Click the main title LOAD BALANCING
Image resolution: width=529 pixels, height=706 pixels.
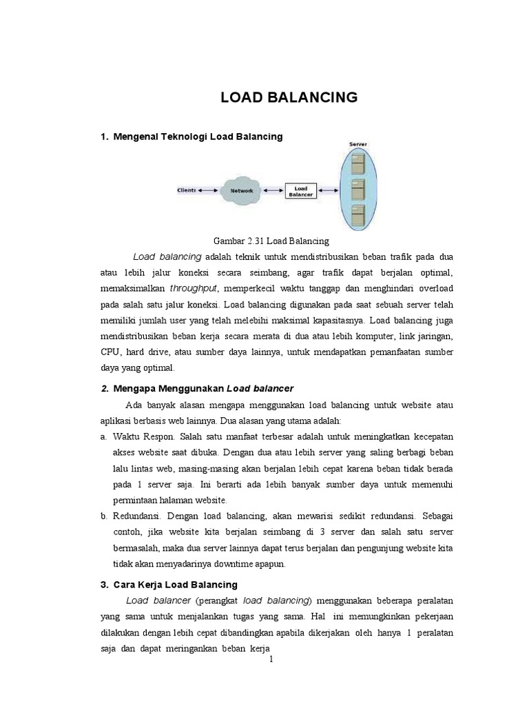289,98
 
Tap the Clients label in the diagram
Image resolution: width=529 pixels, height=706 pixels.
186,190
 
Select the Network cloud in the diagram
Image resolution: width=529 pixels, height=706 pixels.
241,190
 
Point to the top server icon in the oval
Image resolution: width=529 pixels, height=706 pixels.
357,164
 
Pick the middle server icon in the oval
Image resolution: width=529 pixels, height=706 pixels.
357,188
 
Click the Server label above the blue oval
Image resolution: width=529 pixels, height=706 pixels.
358,144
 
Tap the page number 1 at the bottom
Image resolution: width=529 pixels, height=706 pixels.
271,659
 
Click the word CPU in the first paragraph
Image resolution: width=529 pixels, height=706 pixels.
111,352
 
